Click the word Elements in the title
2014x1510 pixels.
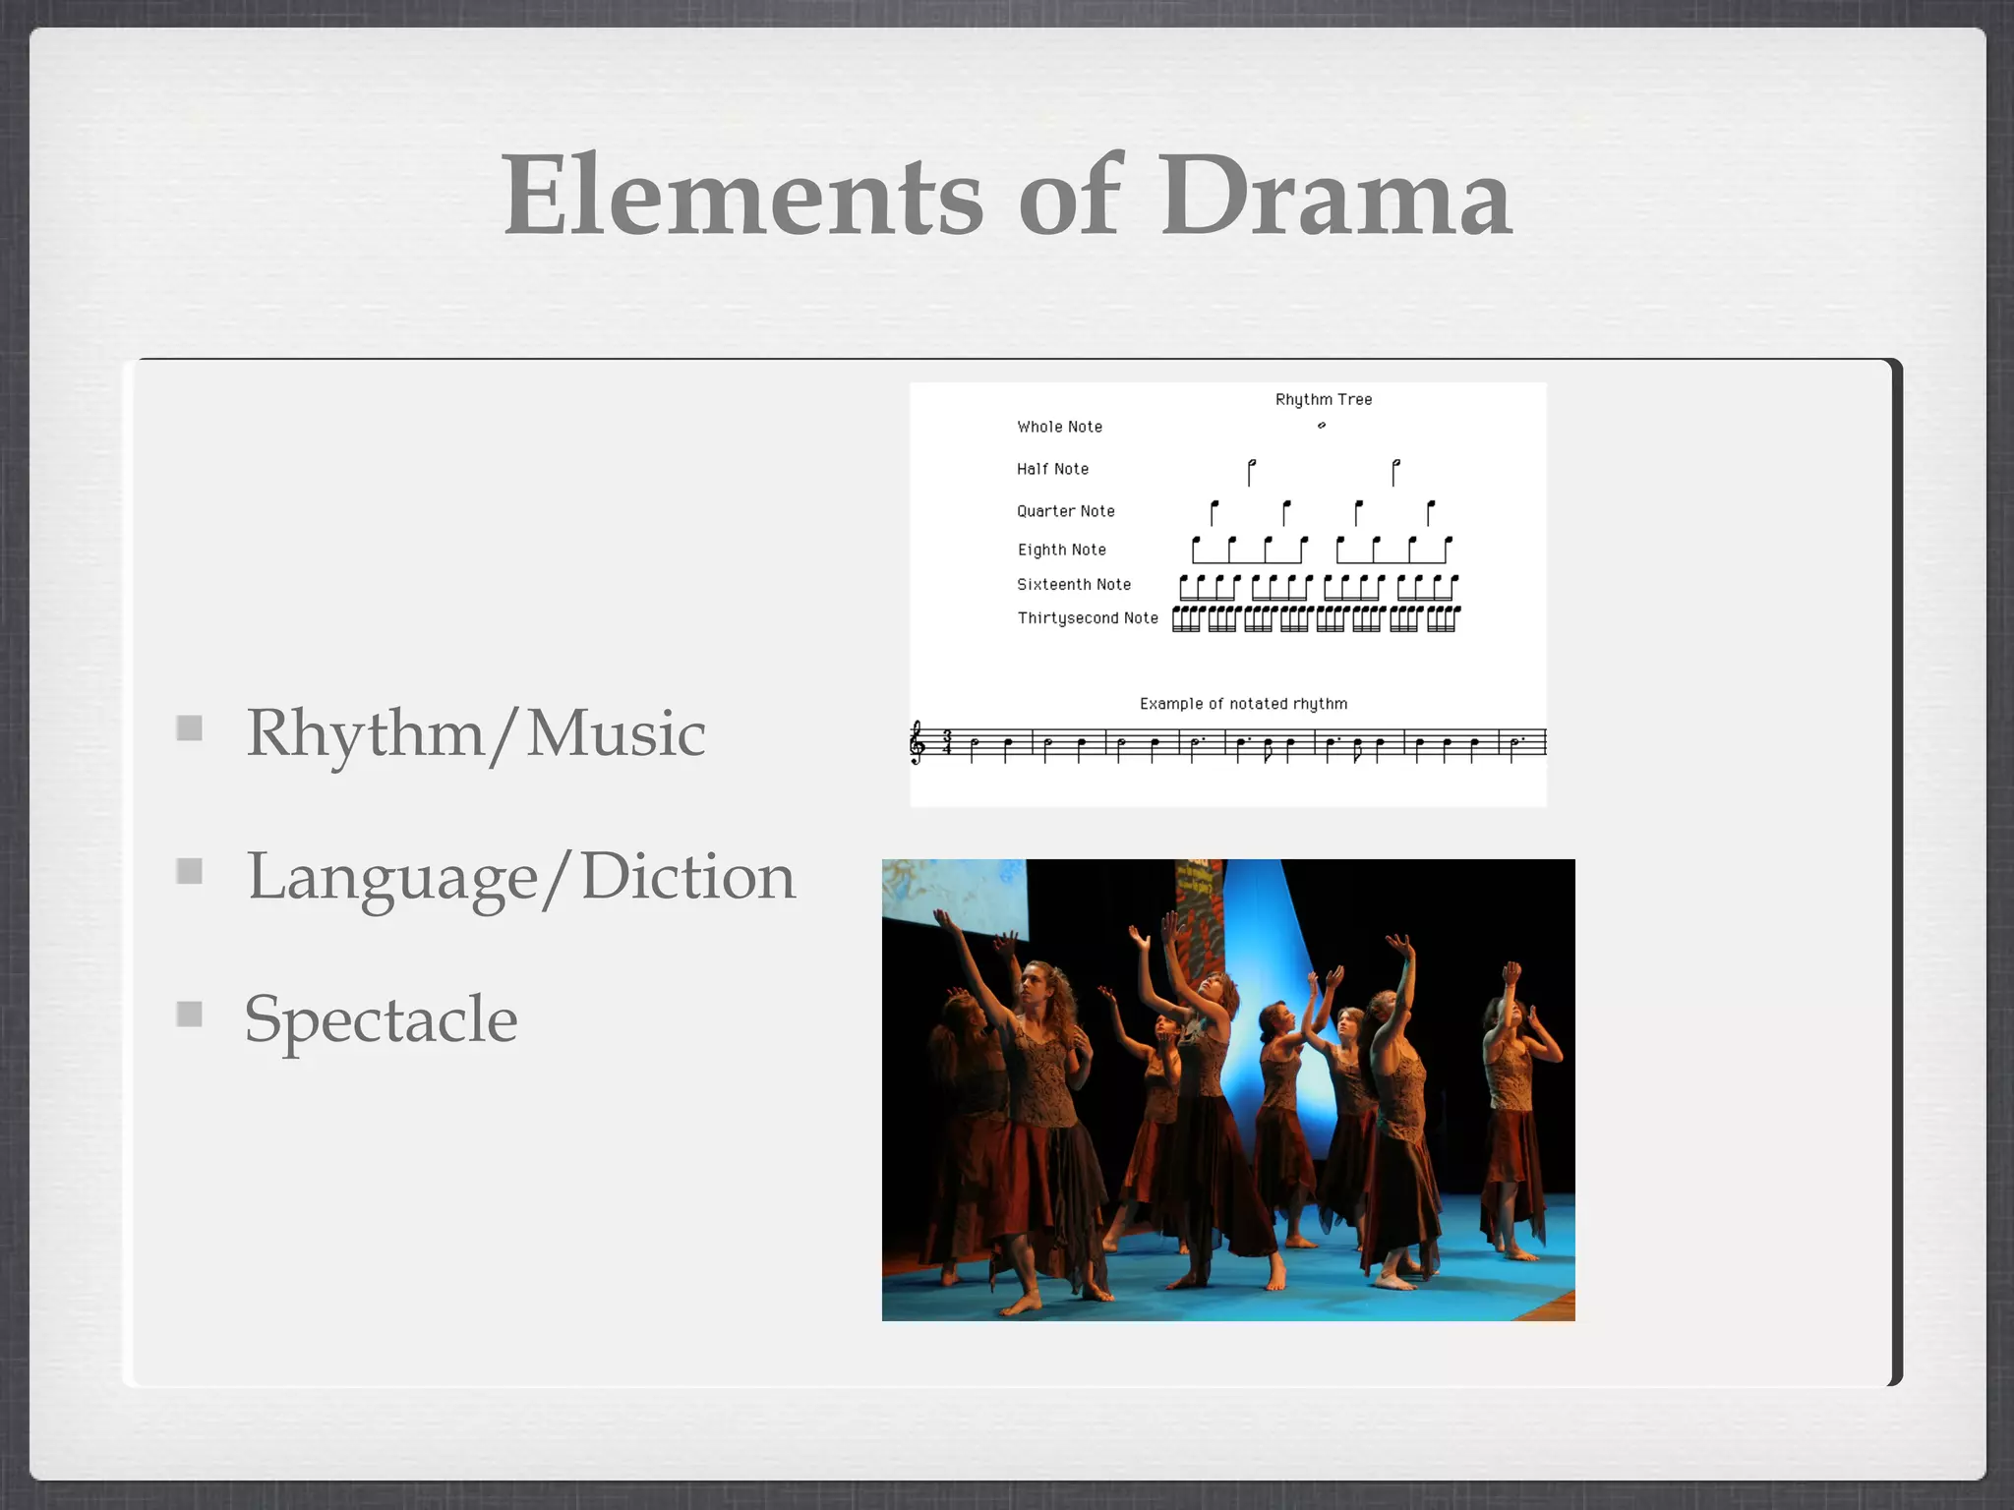[x=742, y=197]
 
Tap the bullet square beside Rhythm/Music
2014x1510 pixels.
[x=190, y=728]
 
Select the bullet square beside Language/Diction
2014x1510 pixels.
[x=190, y=871]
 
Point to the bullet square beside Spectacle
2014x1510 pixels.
[x=190, y=1014]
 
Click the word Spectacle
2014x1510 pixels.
[x=381, y=1019]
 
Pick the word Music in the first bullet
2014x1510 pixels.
[x=616, y=733]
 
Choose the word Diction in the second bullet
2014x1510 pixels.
[x=687, y=876]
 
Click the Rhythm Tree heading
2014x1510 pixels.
[x=1323, y=399]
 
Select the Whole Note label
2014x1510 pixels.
[x=1059, y=427]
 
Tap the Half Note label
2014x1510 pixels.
[x=1052, y=469]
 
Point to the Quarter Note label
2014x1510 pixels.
[x=1065, y=511]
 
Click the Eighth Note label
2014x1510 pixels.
[x=1061, y=550]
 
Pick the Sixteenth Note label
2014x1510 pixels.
[x=1073, y=584]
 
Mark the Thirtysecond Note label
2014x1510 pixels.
[x=1087, y=617]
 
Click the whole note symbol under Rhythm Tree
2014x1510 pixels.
[x=1322, y=426]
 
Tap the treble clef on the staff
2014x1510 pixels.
[x=918, y=742]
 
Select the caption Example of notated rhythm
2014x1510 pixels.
[x=1243, y=704]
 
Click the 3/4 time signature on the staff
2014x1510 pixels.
[x=946, y=742]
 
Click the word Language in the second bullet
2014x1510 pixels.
[x=392, y=878]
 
